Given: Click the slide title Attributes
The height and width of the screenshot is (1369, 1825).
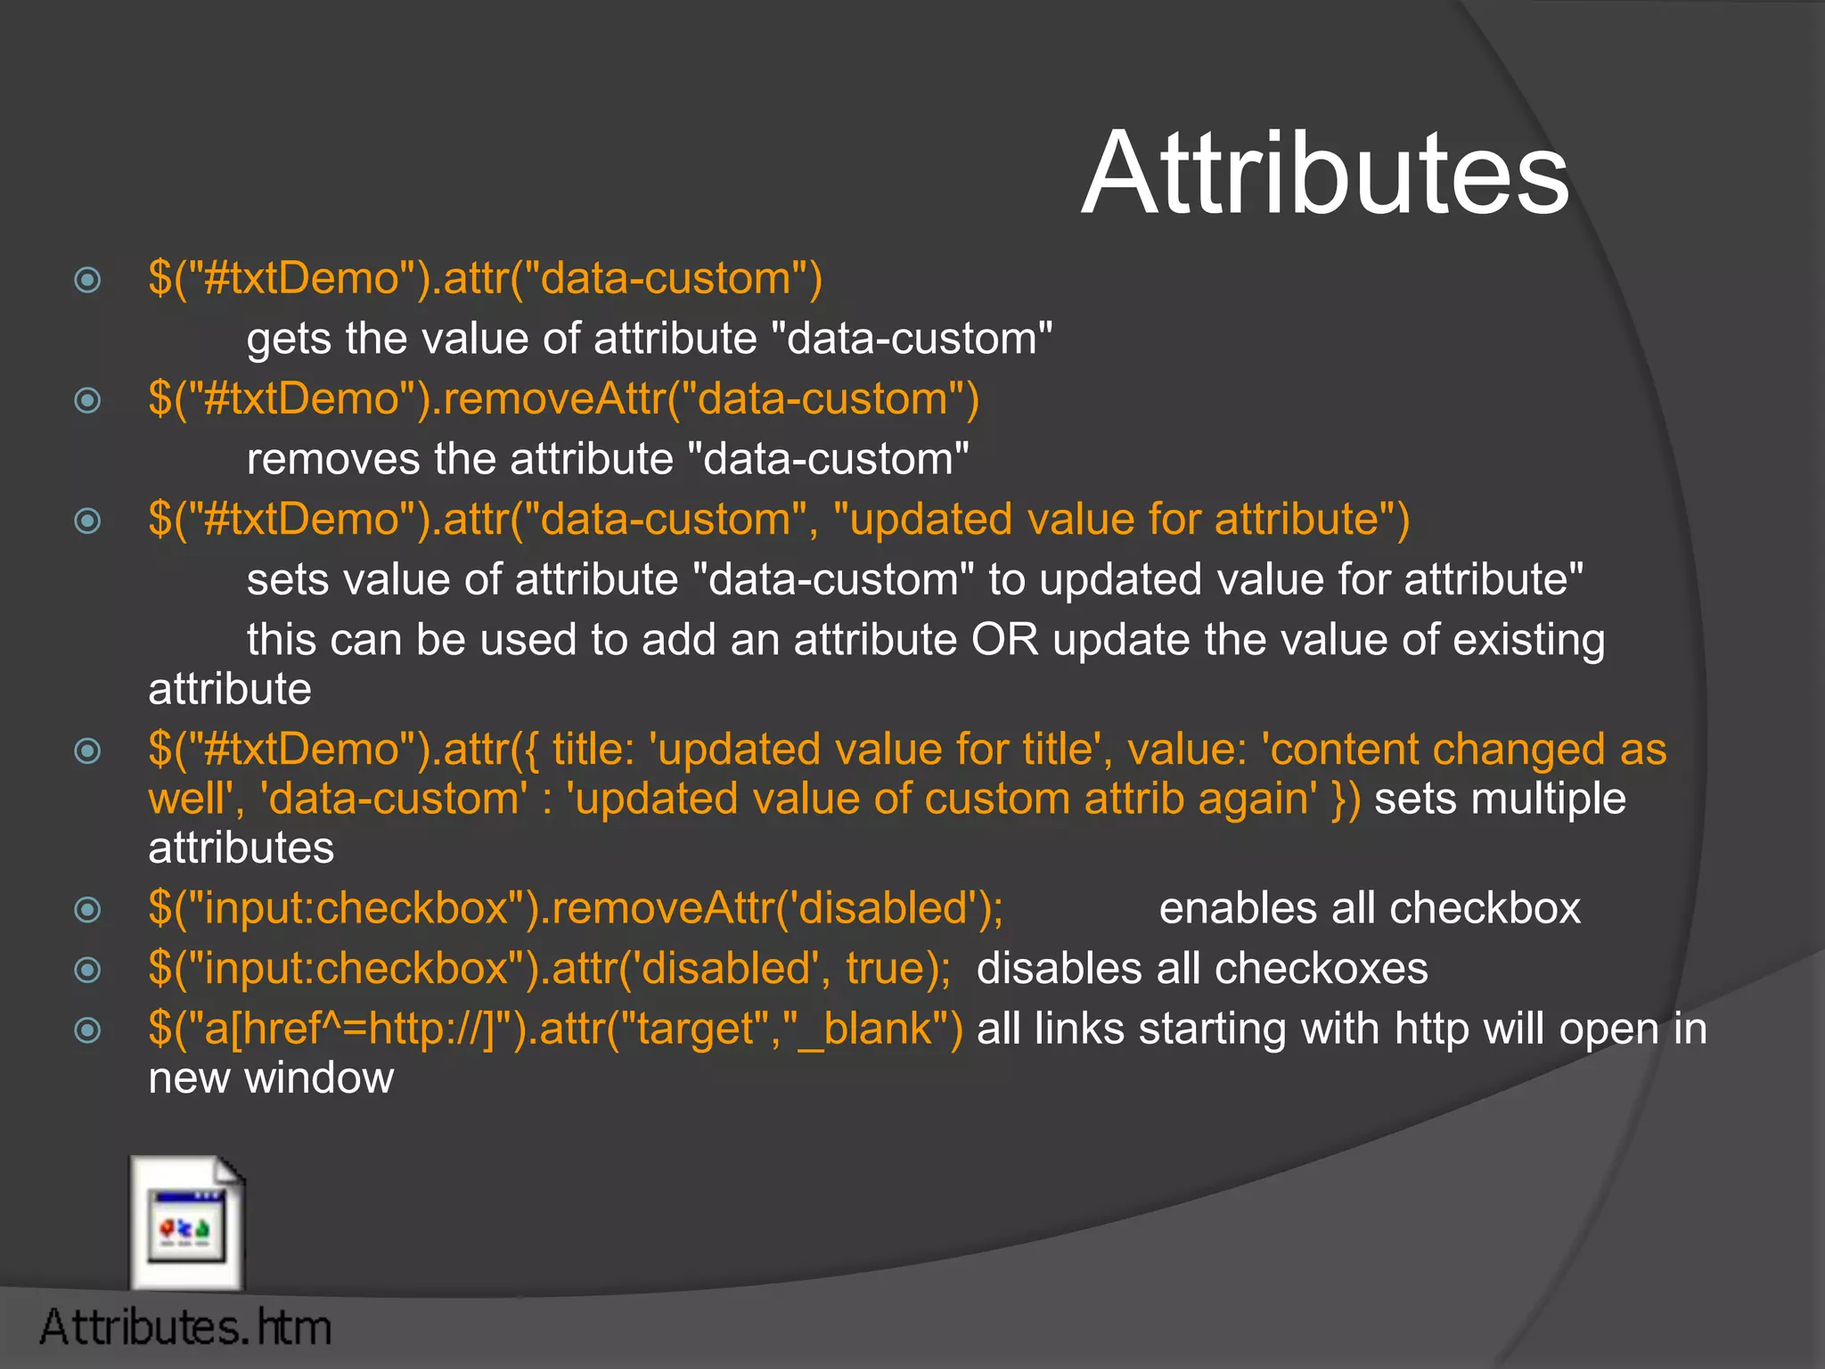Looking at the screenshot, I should (x=1325, y=174).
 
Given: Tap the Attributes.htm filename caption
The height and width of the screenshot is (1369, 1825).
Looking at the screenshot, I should (x=185, y=1327).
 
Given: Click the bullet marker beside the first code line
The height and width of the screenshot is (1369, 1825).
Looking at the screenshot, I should (x=87, y=281).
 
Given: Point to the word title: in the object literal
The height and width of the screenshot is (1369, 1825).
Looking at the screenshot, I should (x=593, y=750).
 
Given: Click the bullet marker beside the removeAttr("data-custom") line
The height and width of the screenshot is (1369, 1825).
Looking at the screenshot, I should (x=87, y=401).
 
